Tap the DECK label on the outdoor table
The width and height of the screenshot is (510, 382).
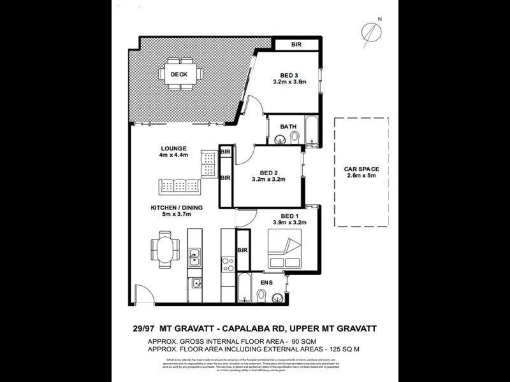tap(179, 74)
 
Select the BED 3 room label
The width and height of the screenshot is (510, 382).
tap(289, 73)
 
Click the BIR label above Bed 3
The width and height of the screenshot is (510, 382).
tap(296, 45)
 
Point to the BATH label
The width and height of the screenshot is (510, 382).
tap(289, 127)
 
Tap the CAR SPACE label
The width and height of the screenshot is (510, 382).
tap(361, 169)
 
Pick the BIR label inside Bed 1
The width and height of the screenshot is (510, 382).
tap(242, 251)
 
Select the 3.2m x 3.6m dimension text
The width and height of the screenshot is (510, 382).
tap(290, 81)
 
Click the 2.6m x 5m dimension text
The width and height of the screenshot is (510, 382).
tap(362, 177)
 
